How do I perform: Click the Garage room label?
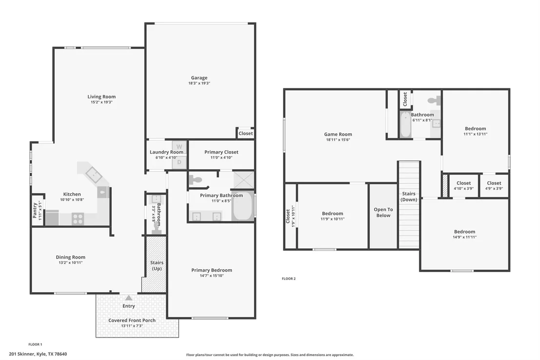click(x=199, y=78)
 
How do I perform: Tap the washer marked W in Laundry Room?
click(x=179, y=147)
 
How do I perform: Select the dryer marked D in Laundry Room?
click(x=179, y=162)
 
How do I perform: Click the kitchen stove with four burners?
click(x=78, y=219)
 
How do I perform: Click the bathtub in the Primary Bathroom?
click(x=243, y=206)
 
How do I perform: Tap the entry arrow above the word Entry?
click(x=129, y=298)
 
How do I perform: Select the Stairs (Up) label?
click(x=157, y=265)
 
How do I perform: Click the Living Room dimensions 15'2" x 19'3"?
click(x=101, y=102)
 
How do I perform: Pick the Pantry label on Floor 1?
click(x=35, y=210)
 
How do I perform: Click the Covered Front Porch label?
click(x=132, y=320)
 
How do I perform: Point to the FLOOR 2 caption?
click(x=289, y=279)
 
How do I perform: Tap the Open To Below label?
click(x=383, y=212)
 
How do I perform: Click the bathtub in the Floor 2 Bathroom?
click(x=405, y=124)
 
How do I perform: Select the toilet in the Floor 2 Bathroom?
click(x=434, y=100)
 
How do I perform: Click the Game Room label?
click(x=338, y=135)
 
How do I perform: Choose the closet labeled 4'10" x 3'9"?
click(x=463, y=186)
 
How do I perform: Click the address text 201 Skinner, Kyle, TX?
click(x=38, y=354)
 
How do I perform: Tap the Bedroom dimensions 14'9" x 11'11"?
click(x=464, y=237)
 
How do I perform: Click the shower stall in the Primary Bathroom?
click(x=244, y=180)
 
